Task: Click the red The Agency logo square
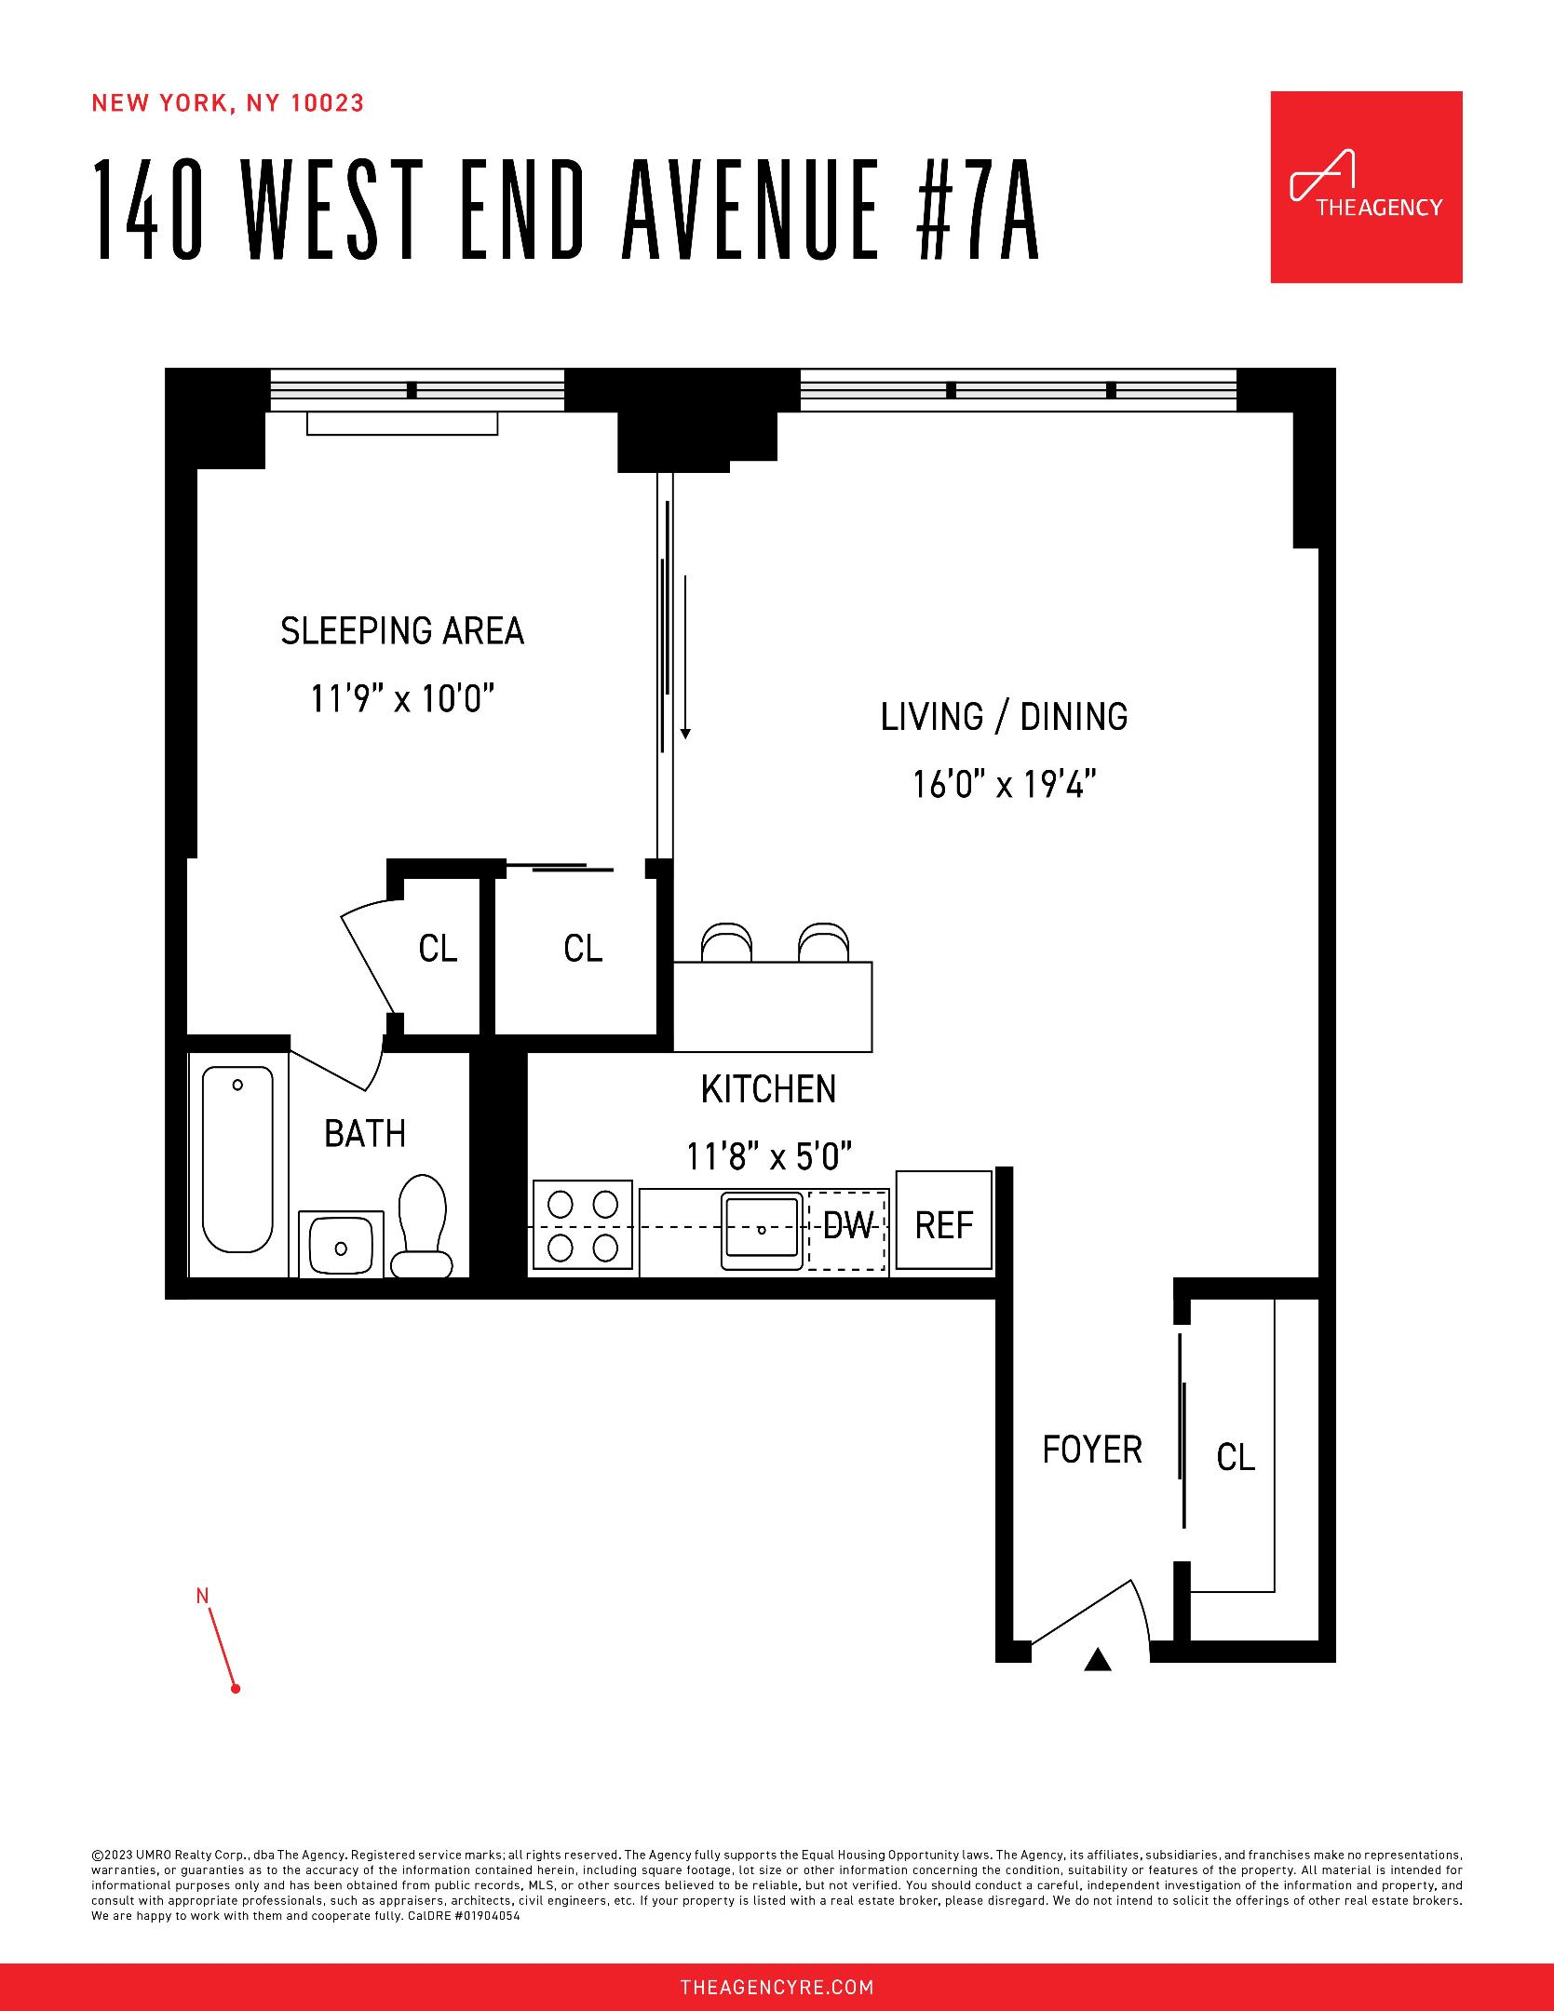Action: click(1365, 187)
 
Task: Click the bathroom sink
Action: click(341, 1244)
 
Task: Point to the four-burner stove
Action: click(583, 1227)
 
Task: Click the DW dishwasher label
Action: click(847, 1226)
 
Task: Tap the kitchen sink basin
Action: click(762, 1229)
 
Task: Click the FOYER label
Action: click(1091, 1451)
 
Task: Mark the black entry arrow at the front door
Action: click(1098, 1660)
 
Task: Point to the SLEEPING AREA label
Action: click(402, 631)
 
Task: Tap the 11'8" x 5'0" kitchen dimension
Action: click(769, 1156)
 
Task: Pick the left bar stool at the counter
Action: click(724, 942)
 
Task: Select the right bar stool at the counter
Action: click(823, 942)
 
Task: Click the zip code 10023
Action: click(328, 103)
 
